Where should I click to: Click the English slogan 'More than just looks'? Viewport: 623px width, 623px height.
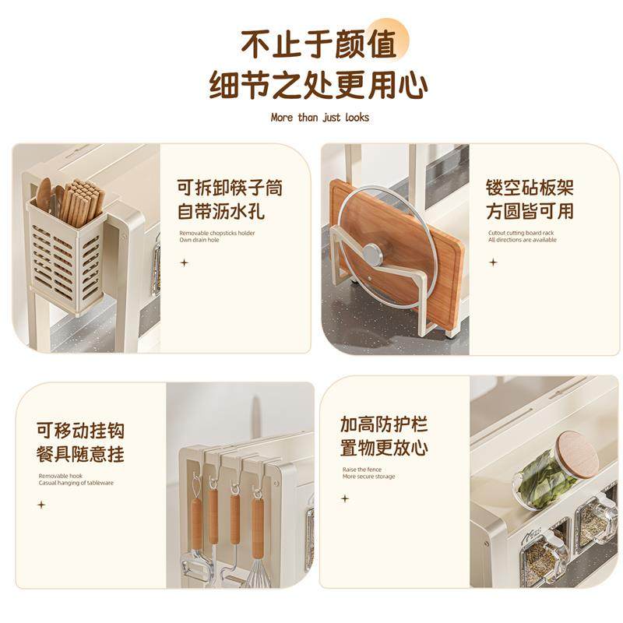pos(319,118)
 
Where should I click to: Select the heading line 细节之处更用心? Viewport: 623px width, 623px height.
pos(319,85)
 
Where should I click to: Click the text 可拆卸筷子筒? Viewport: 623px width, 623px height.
pos(230,188)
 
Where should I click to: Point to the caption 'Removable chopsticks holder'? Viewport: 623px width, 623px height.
pos(217,233)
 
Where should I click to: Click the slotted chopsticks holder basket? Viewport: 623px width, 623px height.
pos(67,257)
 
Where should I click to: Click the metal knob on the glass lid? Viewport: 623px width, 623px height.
pos(373,254)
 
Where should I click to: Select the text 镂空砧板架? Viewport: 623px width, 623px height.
pos(530,188)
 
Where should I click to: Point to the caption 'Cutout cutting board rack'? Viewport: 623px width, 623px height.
pos(520,233)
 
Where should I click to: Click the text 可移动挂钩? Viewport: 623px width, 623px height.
pos(80,431)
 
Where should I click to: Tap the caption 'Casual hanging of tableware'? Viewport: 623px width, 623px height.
pos(76,483)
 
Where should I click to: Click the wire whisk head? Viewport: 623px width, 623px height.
pos(259,572)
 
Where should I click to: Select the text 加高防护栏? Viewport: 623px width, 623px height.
pos(384,425)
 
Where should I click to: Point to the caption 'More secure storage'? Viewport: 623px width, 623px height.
pos(368,477)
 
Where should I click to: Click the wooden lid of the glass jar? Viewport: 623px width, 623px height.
pos(577,454)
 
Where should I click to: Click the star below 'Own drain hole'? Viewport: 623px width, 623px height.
pos(185,262)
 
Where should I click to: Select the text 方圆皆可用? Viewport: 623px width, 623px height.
pos(530,210)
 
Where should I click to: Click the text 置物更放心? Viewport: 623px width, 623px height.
pos(384,449)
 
